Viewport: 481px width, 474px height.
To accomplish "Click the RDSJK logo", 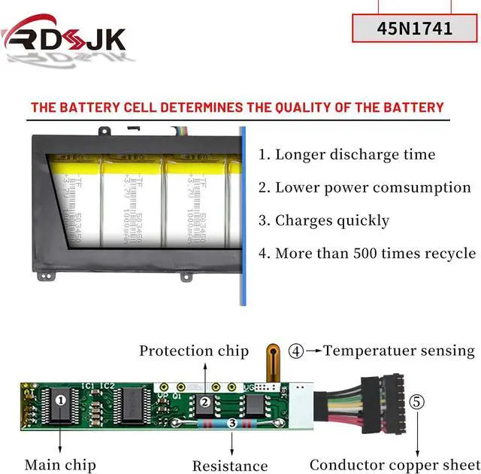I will pyautogui.click(x=64, y=38).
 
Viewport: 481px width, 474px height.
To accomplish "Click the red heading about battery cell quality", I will pyautogui.click(x=237, y=108).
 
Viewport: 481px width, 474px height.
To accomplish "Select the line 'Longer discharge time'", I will pyautogui.click(x=346, y=155).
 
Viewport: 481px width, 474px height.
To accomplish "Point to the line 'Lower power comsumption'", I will pyautogui.click(x=365, y=188).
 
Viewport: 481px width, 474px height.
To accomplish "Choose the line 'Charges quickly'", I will pyautogui.click(x=324, y=220).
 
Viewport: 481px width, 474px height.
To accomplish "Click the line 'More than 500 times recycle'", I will pyautogui.click(x=367, y=254).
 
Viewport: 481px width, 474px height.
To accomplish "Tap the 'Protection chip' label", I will pyautogui.click(x=193, y=351).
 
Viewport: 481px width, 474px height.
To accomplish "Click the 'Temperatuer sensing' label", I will pyautogui.click(x=399, y=351).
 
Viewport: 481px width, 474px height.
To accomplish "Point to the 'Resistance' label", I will pyautogui.click(x=230, y=466).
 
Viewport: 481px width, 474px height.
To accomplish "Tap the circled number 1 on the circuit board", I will pyautogui.click(x=61, y=400).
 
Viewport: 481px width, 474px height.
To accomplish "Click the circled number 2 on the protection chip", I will pyautogui.click(x=204, y=402).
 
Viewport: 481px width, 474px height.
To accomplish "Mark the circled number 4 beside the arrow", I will pyautogui.click(x=296, y=351).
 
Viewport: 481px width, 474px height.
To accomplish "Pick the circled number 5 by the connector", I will pyautogui.click(x=417, y=401).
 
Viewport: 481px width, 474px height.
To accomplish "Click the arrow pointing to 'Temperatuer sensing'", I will pyautogui.click(x=313, y=351).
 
